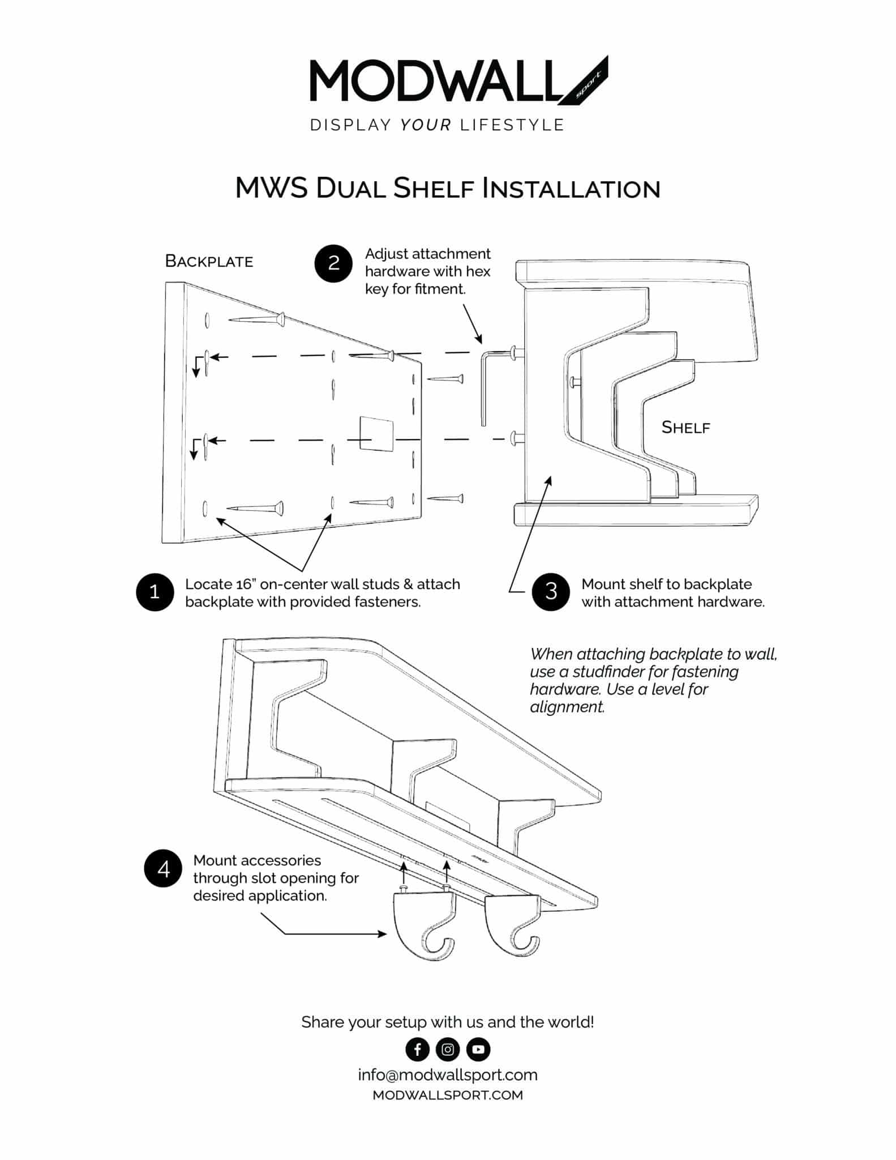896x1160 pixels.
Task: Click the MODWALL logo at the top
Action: coord(458,80)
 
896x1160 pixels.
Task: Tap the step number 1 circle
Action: coord(155,592)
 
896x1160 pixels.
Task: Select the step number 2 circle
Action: coord(333,263)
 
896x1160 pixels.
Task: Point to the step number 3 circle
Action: coord(551,592)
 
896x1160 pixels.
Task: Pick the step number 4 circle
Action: coord(163,868)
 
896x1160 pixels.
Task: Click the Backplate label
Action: coord(209,261)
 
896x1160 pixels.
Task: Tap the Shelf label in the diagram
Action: coord(685,427)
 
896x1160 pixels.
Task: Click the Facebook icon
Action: coord(417,1049)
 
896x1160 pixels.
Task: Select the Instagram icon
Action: coord(447,1049)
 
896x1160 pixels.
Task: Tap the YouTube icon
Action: coord(478,1049)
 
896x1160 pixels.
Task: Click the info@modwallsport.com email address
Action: coord(447,1074)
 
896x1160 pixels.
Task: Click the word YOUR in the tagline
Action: coord(426,125)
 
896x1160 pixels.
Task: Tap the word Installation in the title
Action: coord(571,189)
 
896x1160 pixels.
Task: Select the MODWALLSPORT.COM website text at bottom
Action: coord(447,1095)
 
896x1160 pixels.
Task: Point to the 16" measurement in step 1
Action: coord(246,584)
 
